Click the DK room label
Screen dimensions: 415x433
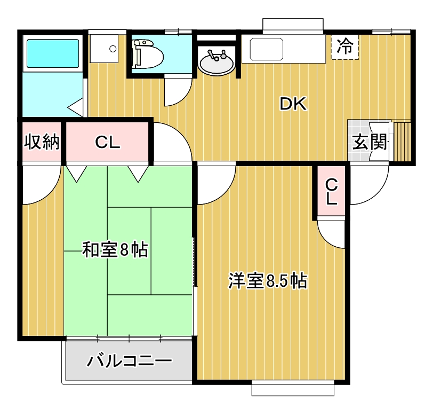tap(293, 105)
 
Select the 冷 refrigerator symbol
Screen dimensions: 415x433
tap(345, 47)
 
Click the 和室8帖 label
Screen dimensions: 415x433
tap(115, 249)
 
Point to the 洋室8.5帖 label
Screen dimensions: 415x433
tap(267, 281)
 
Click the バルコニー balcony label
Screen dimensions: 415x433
tap(130, 361)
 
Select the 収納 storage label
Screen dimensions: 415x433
tap(42, 143)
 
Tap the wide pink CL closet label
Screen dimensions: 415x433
tap(108, 143)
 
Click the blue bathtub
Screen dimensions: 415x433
tap(52, 53)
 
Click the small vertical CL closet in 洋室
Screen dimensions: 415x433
tap(331, 192)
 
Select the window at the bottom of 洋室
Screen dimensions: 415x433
tap(292, 389)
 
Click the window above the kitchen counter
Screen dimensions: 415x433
tap(293, 26)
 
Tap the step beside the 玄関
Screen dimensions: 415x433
tap(402, 142)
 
